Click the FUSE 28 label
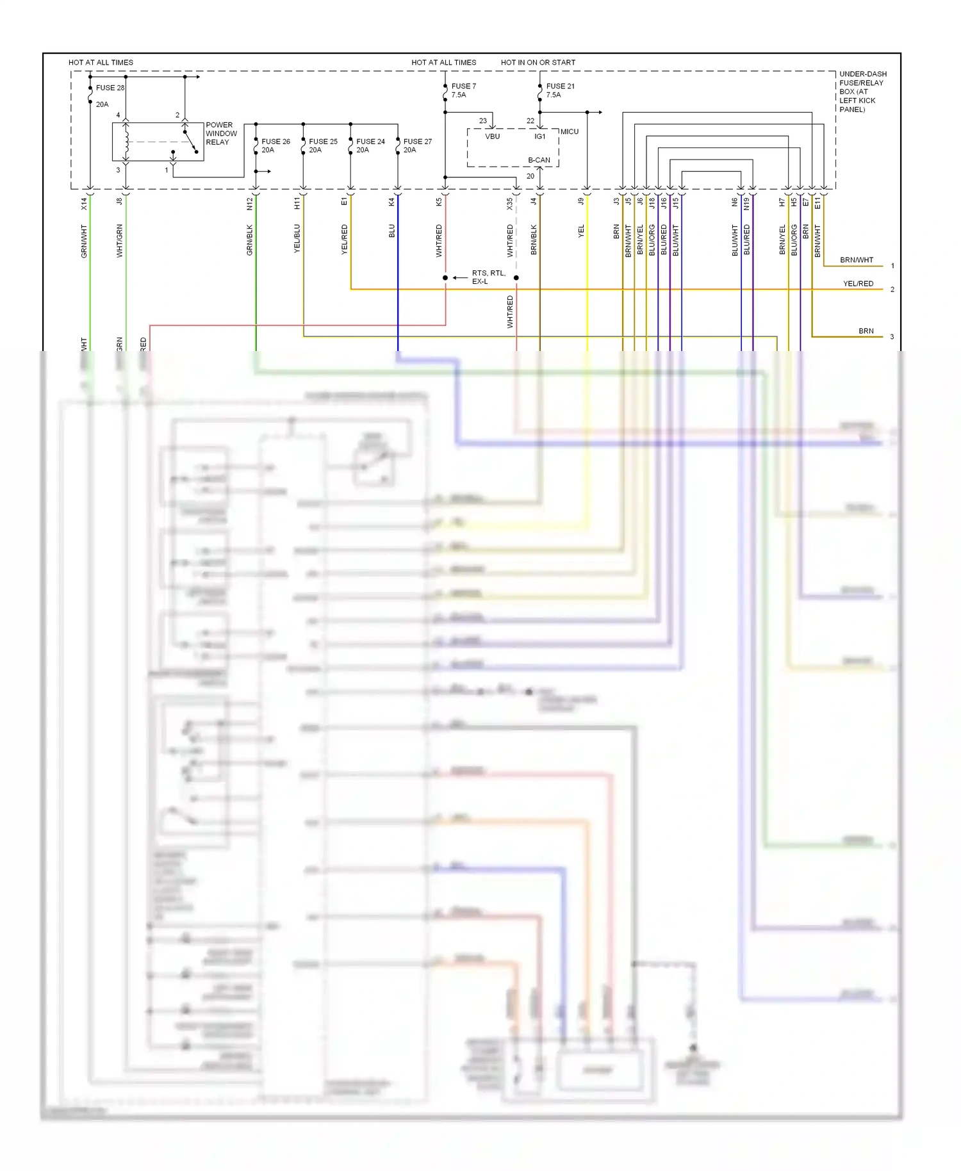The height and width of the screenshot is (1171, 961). (110, 88)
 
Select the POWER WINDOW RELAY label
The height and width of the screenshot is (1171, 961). (221, 133)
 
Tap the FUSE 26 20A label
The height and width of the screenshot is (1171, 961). (275, 145)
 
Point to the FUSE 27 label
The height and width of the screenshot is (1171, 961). (417, 142)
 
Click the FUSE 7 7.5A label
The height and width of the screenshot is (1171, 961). (463, 90)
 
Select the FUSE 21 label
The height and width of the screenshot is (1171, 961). (560, 86)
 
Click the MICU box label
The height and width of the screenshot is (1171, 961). (569, 131)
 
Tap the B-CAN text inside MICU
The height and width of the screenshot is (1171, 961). (539, 160)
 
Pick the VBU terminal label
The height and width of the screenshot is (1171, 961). (492, 136)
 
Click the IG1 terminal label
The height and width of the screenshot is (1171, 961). (540, 136)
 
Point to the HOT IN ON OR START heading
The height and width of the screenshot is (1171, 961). (538, 62)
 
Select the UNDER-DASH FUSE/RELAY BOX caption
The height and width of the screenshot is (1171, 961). (862, 92)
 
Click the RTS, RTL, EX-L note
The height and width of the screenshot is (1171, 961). (488, 277)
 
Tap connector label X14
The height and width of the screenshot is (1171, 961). (84, 204)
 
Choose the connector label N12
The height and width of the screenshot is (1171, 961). (250, 204)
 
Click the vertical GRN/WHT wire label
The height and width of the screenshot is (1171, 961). (84, 241)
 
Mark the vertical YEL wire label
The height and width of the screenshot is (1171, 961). (581, 231)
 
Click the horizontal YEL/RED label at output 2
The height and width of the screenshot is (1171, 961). (857, 283)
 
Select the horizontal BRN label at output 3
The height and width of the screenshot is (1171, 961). (866, 331)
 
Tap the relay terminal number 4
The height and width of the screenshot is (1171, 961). (118, 115)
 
